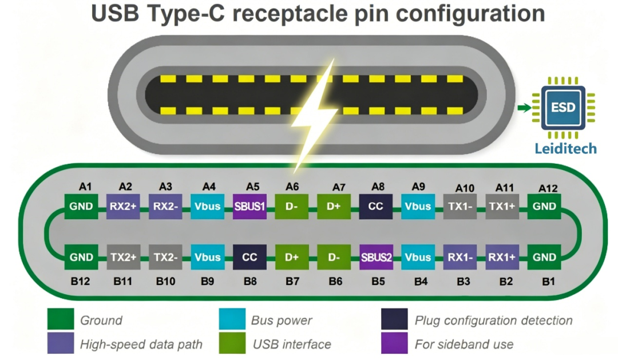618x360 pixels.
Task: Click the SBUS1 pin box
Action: pyautogui.click(x=249, y=206)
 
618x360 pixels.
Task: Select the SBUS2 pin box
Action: pyautogui.click(x=377, y=257)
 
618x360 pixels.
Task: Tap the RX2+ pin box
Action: pyautogui.click(x=123, y=206)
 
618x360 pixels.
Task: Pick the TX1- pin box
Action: pyautogui.click(x=460, y=206)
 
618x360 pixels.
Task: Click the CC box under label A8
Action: pyautogui.click(x=376, y=206)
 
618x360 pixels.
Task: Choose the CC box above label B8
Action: pyautogui.click(x=249, y=257)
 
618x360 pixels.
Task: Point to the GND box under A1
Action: pyautogui.click(x=81, y=206)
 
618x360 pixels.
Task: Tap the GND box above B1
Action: pyautogui.click(x=544, y=257)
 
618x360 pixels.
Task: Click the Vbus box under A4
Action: pyautogui.click(x=207, y=206)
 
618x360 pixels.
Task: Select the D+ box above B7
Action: pyautogui.click(x=292, y=257)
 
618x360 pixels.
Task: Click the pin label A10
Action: pyautogui.click(x=465, y=188)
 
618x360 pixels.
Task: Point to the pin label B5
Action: pyautogui.click(x=378, y=281)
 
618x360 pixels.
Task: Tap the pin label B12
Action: pyautogui.click(x=81, y=281)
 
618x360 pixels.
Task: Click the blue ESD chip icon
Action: pyautogui.click(x=563, y=108)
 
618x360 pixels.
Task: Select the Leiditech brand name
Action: pyautogui.click(x=565, y=149)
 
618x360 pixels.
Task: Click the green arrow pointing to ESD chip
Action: pyautogui.click(x=524, y=108)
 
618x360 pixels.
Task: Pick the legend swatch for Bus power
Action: pyautogui.click(x=232, y=319)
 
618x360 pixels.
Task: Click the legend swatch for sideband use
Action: pyautogui.click(x=394, y=343)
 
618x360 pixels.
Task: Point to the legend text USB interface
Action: pyautogui.click(x=292, y=344)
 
